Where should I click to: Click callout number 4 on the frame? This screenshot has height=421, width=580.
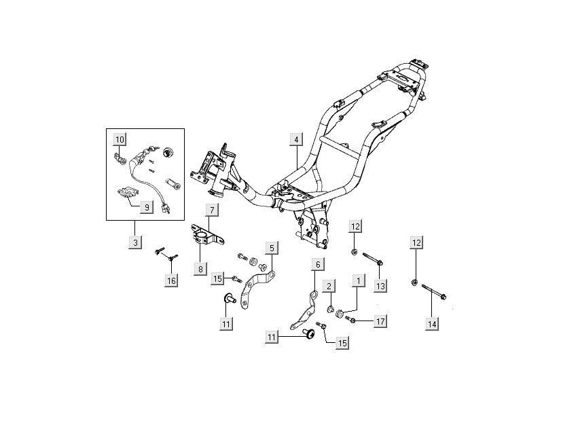pyautogui.click(x=296, y=139)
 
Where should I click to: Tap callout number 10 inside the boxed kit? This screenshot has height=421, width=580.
pyautogui.click(x=120, y=139)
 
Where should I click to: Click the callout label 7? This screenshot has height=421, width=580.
pyautogui.click(x=212, y=210)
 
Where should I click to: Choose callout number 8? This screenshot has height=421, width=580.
pyautogui.click(x=201, y=269)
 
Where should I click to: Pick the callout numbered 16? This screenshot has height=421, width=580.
pyautogui.click(x=171, y=280)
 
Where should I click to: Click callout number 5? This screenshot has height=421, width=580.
pyautogui.click(x=272, y=249)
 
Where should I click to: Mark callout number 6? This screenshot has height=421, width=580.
pyautogui.click(x=317, y=263)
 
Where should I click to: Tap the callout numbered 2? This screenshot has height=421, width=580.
pyautogui.click(x=329, y=287)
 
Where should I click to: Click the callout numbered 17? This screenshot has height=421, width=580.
pyautogui.click(x=379, y=321)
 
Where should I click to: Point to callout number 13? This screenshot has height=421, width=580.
pyautogui.click(x=380, y=286)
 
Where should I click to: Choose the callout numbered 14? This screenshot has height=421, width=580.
pyautogui.click(x=432, y=325)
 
